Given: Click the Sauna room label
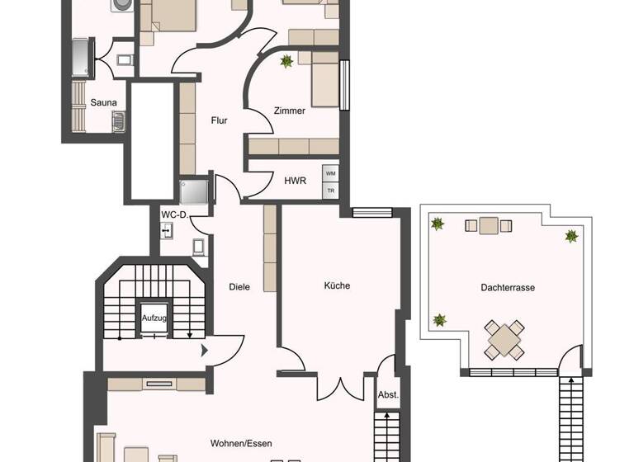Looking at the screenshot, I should coord(104,103).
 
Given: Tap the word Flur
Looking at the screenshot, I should coord(219,120).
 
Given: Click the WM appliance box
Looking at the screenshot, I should coord(330,174).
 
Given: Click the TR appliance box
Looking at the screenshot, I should coord(330,191).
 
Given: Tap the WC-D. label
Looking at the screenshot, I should coord(175,215).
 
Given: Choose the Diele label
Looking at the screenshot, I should coord(239,287).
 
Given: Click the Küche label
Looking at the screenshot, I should coord(336,285).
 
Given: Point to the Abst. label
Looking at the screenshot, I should coord(388,395).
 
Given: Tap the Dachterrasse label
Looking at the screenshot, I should coord(508,288).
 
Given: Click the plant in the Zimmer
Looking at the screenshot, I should coord(286,61).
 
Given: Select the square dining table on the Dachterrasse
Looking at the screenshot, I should coord(504,338).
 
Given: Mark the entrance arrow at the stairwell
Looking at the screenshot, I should coord(204,350).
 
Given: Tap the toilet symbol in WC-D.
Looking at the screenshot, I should coord(168,231).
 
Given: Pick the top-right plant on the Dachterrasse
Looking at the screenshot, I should coord(571,236).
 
